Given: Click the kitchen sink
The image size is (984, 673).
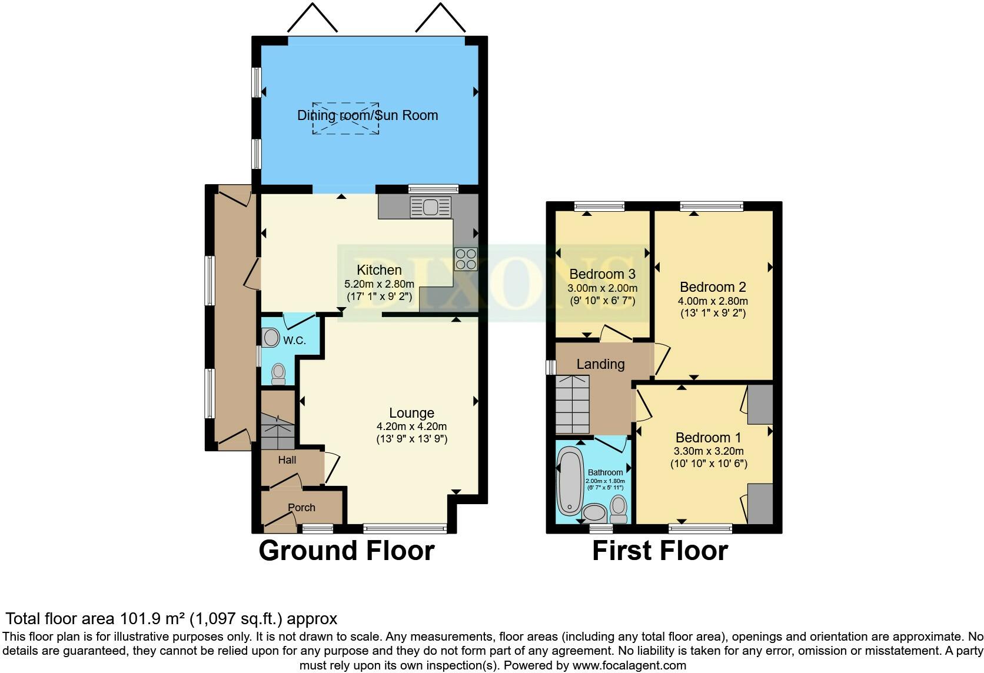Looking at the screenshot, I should [431, 207].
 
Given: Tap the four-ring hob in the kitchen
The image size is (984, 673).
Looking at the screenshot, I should [465, 259].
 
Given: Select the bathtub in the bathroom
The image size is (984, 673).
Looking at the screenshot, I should [569, 479].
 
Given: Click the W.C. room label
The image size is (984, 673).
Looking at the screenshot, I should [294, 341].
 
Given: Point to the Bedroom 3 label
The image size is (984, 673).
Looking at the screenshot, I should [602, 274].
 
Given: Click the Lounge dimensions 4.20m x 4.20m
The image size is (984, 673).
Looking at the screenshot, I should [411, 427].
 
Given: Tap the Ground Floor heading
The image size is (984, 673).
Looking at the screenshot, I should [346, 551].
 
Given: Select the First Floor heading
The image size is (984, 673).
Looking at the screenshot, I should [660, 551].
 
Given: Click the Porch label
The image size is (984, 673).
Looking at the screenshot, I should [301, 508].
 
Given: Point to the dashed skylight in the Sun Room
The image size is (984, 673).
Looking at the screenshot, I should [345, 118].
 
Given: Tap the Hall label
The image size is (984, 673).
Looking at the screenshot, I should [287, 460].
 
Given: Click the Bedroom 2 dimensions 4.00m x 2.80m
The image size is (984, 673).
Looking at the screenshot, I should [713, 301].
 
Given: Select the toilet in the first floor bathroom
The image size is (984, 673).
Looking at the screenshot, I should [619, 509].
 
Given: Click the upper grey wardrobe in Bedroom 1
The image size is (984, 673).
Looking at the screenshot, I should [760, 404].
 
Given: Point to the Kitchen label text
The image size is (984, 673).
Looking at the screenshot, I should [379, 270].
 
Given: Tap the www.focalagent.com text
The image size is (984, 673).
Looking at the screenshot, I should [629, 665].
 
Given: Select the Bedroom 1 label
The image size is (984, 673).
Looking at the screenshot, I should [708, 438].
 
